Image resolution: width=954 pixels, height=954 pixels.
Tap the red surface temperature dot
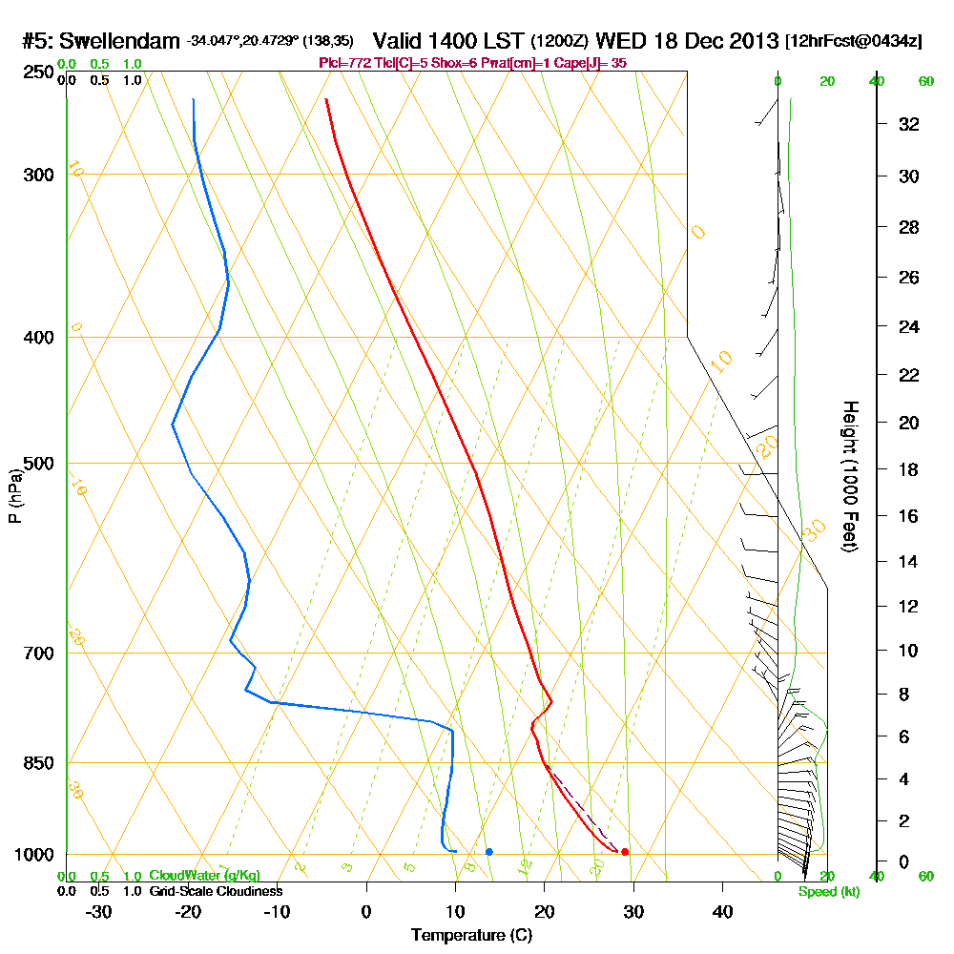click(625, 852)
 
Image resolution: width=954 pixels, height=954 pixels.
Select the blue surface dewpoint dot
click(488, 851)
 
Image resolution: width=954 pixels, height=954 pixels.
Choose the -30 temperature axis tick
click(98, 912)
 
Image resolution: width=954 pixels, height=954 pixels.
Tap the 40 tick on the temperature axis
click(723, 912)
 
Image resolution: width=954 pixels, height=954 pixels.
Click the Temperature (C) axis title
click(471, 936)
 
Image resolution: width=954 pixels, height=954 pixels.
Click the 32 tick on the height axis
click(908, 124)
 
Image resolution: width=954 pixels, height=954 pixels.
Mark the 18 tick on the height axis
click(908, 469)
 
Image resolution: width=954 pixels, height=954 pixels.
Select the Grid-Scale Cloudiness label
click(216, 891)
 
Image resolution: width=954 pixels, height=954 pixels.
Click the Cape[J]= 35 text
click(591, 63)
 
